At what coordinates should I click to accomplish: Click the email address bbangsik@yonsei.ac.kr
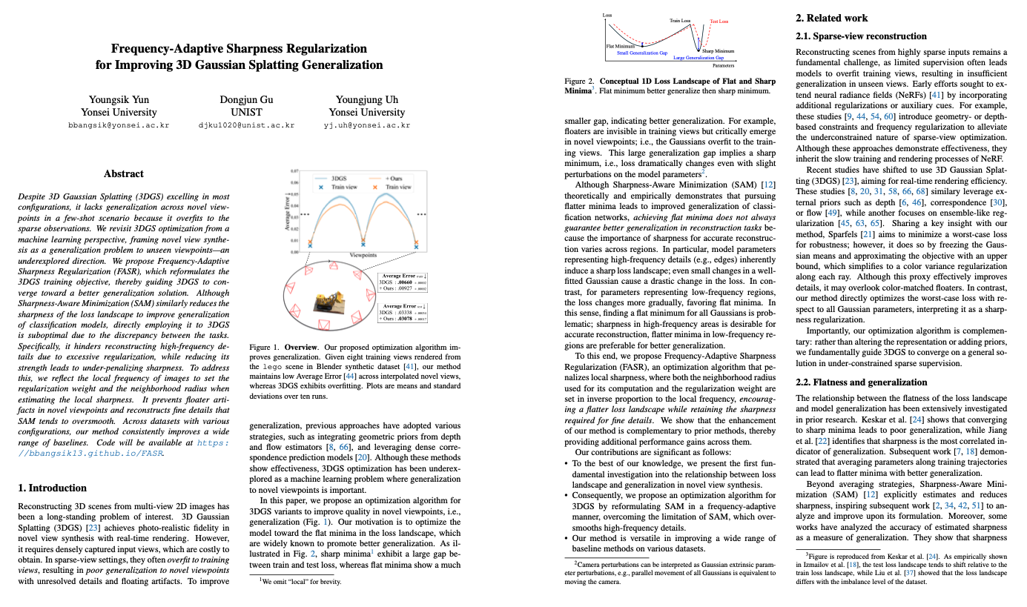(x=119, y=126)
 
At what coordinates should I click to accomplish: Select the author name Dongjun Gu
(x=247, y=99)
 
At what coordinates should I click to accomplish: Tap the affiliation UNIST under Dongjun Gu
(x=247, y=113)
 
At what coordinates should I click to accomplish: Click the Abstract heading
(x=123, y=173)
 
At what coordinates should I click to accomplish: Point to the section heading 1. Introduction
(x=52, y=488)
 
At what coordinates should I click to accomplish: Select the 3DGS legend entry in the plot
(x=340, y=179)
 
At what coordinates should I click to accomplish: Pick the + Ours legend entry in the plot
(x=393, y=179)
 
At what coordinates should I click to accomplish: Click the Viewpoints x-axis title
(x=363, y=254)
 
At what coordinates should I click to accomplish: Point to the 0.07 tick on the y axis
(x=294, y=171)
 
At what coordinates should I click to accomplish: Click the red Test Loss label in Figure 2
(x=719, y=21)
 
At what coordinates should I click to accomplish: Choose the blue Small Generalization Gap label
(x=641, y=53)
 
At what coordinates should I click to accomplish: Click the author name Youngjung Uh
(x=369, y=99)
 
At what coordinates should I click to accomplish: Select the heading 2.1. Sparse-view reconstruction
(x=861, y=36)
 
